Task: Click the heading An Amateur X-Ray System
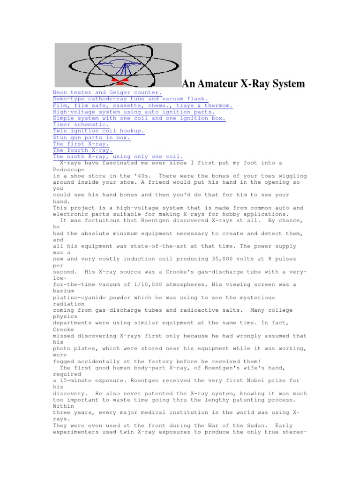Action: (x=243, y=84)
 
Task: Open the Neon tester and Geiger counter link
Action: (x=107, y=93)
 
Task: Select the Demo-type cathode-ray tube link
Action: (x=123, y=99)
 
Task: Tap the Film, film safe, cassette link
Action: (x=142, y=105)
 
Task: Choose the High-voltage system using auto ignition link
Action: (x=134, y=112)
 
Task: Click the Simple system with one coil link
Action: (x=139, y=119)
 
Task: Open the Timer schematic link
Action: (x=81, y=125)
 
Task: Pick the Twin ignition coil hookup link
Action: (x=99, y=131)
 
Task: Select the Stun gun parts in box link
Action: (x=91, y=138)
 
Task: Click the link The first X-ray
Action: (x=81, y=144)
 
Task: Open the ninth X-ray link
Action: (x=118, y=157)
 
